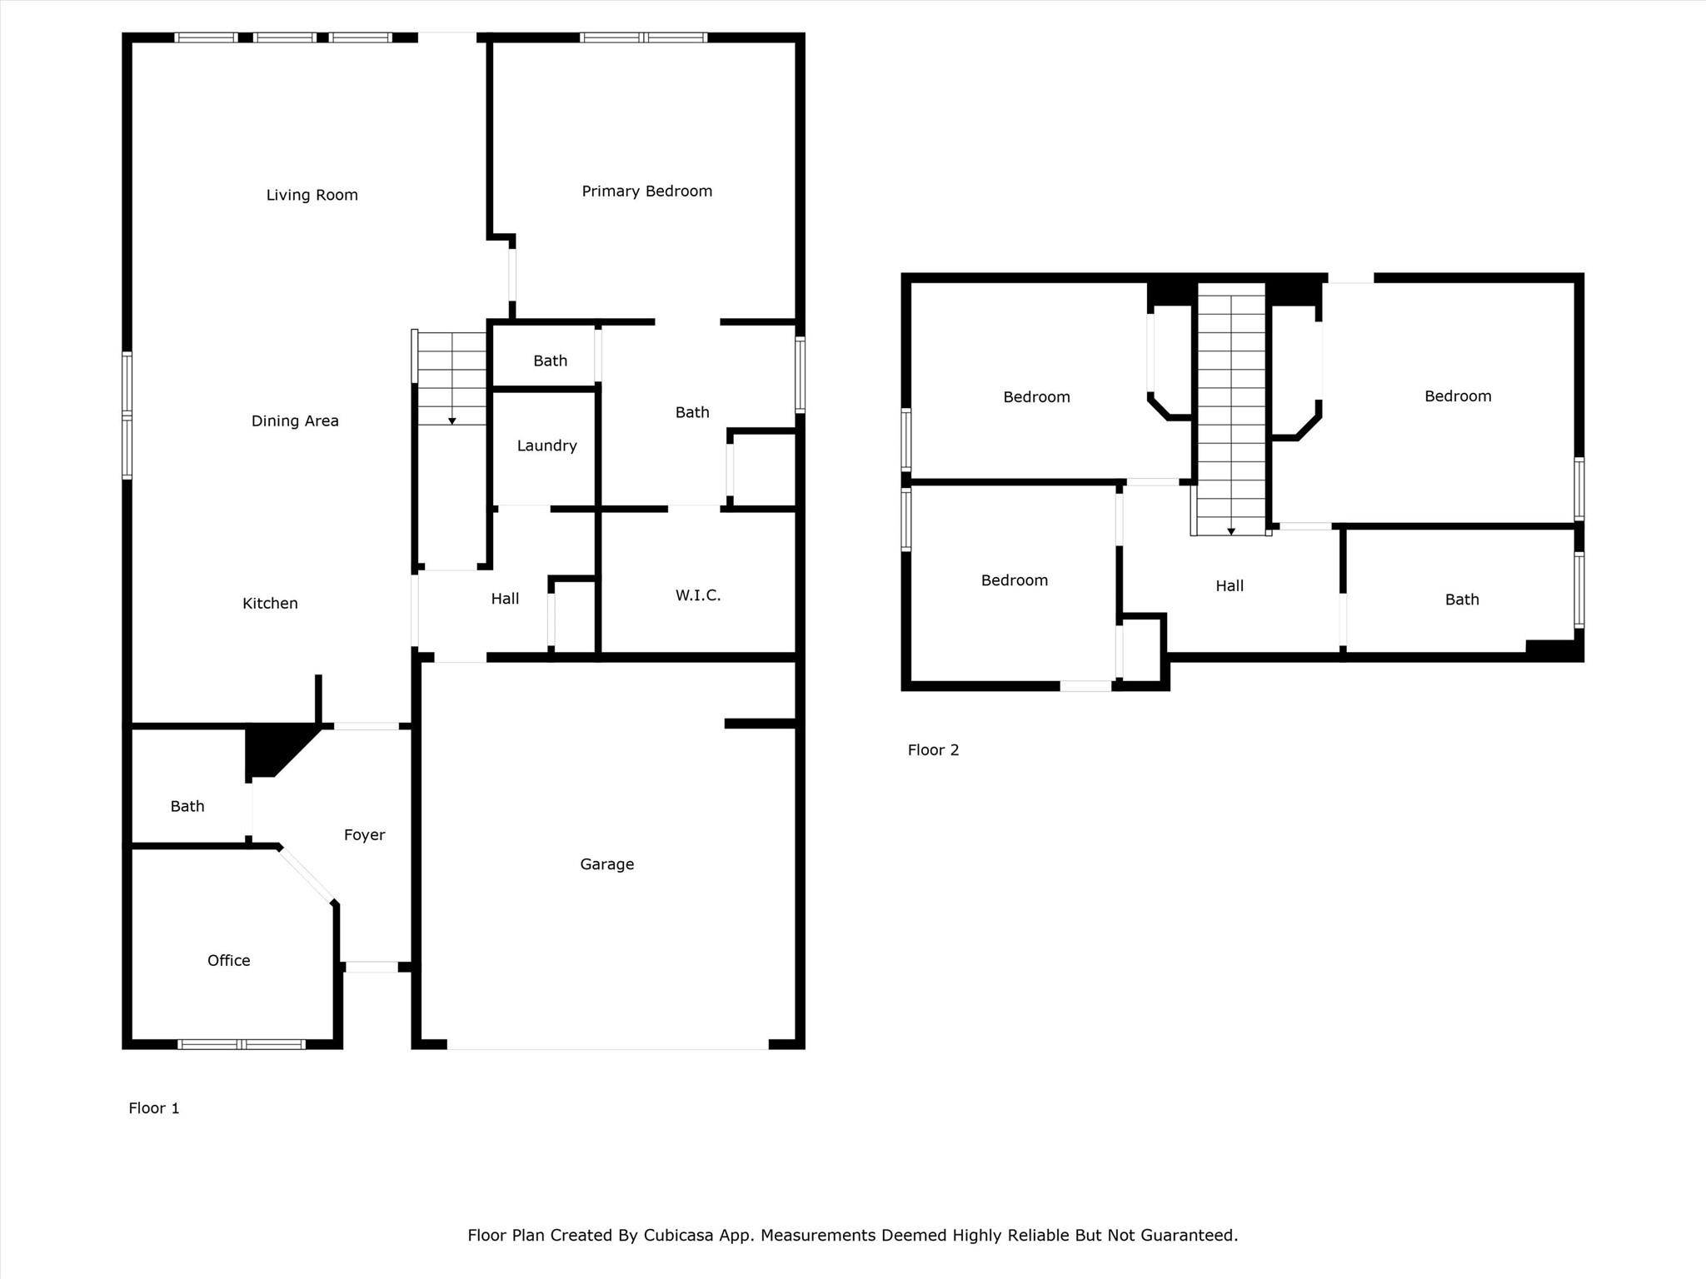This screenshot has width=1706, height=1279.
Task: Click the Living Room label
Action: coord(312,195)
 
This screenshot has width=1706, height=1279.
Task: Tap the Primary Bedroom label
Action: coord(646,192)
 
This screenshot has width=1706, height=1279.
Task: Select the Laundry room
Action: coord(546,445)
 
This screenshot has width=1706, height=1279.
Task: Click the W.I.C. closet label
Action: coord(697,595)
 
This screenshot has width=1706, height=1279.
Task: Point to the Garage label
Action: coord(606,864)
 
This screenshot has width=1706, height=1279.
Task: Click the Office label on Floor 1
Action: coord(228,960)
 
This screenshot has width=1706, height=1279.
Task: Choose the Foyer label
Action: coord(364,834)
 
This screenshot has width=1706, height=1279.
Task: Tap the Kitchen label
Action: coord(270,603)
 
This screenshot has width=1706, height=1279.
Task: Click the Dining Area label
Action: coord(295,421)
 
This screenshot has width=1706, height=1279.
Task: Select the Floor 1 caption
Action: coord(153,1107)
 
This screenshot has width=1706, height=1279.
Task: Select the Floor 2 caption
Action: coord(933,749)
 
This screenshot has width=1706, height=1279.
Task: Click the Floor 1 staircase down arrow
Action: coord(452,421)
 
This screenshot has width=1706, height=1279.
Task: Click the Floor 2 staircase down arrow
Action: coord(1230,531)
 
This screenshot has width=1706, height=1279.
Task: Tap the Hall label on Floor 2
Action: coord(1229,585)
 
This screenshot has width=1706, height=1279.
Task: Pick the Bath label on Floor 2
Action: coord(1461,600)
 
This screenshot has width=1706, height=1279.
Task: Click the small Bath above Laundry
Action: coord(550,361)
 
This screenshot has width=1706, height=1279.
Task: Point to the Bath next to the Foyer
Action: coord(187,806)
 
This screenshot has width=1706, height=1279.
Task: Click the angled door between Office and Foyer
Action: coord(307,875)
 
